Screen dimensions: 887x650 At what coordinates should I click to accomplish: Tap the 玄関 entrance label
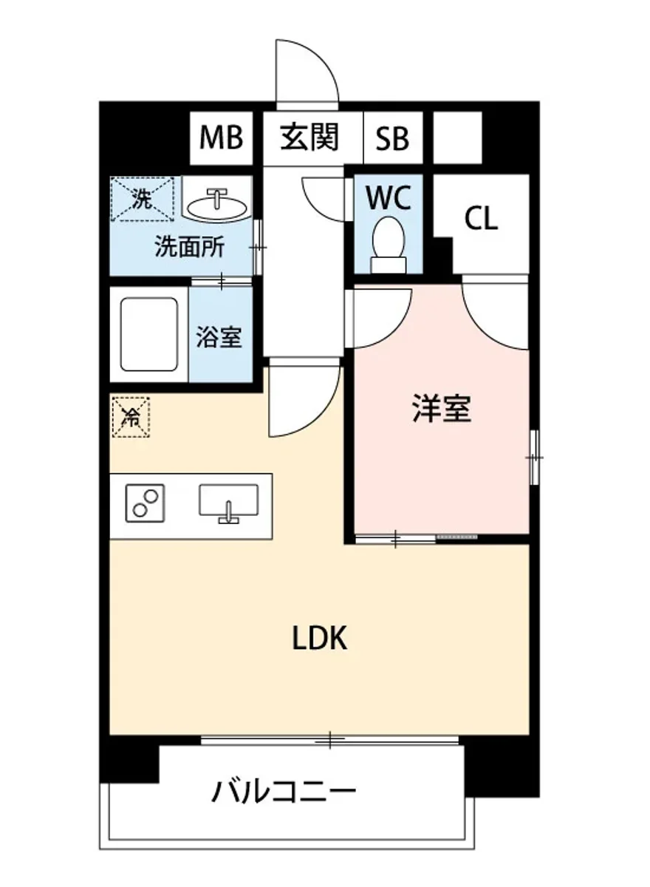(309, 137)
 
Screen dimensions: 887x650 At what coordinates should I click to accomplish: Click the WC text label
(389, 198)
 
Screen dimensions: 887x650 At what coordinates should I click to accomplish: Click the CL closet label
(481, 219)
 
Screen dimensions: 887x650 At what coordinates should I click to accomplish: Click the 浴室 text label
(219, 337)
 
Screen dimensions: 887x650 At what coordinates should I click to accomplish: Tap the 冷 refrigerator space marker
(130, 418)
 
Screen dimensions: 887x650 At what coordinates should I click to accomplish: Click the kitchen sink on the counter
(228, 502)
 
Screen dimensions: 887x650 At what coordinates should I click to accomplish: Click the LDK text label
(319, 639)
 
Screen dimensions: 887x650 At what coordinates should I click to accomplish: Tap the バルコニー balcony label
(284, 792)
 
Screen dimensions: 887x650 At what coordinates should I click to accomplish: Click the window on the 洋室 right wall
(534, 458)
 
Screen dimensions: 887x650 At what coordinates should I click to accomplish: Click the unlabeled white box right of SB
(456, 137)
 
